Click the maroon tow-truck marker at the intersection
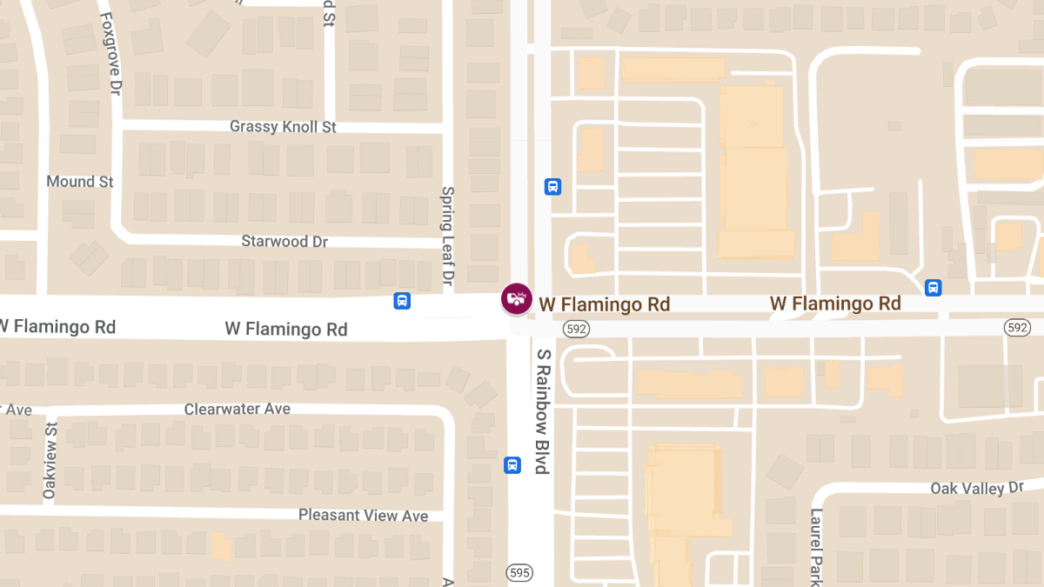coord(517,298)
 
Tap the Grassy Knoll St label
coord(283,127)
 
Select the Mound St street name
coord(80,182)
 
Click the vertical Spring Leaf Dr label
coord(448,236)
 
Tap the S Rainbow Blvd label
coord(544,411)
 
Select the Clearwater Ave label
coord(238,409)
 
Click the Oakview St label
coord(50,461)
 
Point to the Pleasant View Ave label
coord(363,516)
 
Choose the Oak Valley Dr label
coord(977,489)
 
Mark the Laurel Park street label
coord(817,546)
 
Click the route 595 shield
coord(519,572)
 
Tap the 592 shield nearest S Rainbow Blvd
coord(575,328)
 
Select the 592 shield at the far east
coord(1016,327)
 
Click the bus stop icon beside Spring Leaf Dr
coord(402,301)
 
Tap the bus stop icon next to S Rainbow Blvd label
coord(512,465)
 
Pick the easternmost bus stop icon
coord(933,288)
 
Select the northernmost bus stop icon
coord(552,186)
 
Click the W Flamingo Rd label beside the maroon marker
coord(605,304)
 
